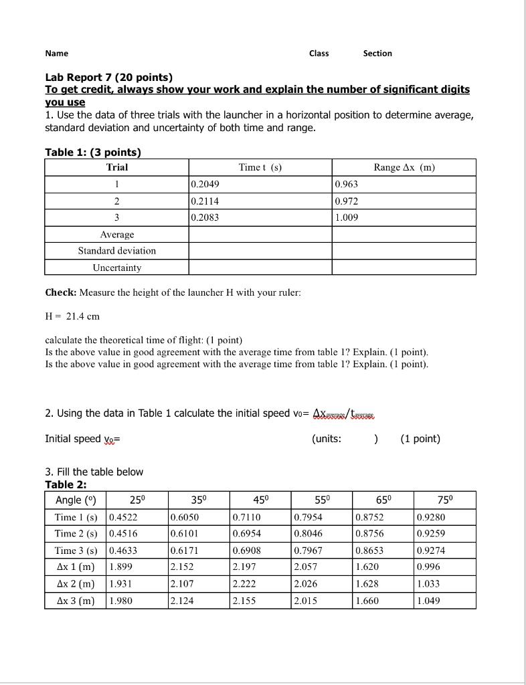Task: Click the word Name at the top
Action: pyautogui.click(x=57, y=54)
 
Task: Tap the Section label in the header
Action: pyautogui.click(x=377, y=54)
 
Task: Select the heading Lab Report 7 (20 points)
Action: pyautogui.click(x=108, y=78)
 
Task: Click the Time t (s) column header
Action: pyautogui.click(x=260, y=167)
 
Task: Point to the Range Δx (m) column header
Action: pyautogui.click(x=404, y=167)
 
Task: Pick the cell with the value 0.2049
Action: pyautogui.click(x=205, y=185)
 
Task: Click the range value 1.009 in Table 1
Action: pyautogui.click(x=347, y=217)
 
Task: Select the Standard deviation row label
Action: pyautogui.click(x=116, y=251)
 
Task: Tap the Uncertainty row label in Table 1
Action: pyautogui.click(x=116, y=268)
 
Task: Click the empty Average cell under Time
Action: pyautogui.click(x=260, y=234)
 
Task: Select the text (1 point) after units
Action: pyautogui.click(x=420, y=439)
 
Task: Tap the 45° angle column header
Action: pyautogui.click(x=261, y=500)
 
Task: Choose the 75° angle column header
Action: pyautogui.click(x=445, y=500)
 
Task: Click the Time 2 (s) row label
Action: pyautogui.click(x=76, y=534)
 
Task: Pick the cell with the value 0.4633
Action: pyautogui.click(x=123, y=551)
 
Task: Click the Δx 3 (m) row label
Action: pyautogui.click(x=76, y=601)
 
